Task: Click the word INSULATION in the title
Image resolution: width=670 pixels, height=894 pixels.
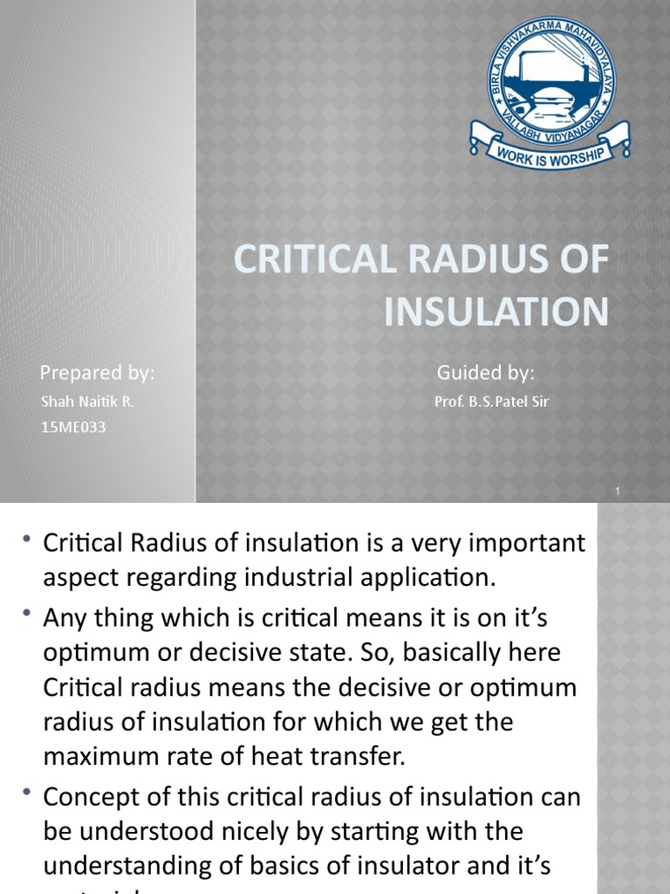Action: pos(496,312)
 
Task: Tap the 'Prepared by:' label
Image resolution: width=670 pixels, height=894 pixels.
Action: pos(97,374)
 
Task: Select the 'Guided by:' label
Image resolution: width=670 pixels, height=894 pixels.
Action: pos(485,374)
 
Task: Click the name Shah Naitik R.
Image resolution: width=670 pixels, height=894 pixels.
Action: pos(87,402)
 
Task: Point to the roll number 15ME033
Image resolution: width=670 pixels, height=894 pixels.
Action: pos(73,429)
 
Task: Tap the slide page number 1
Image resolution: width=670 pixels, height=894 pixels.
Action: pos(617,492)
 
